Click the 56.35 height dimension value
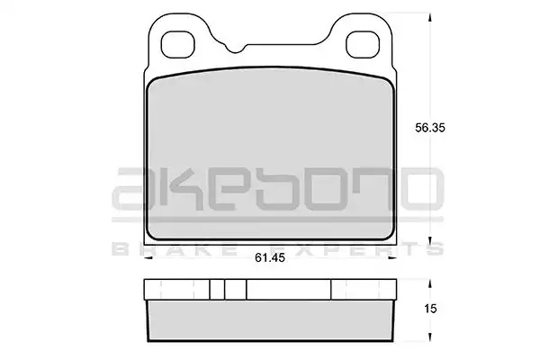[x=430, y=128]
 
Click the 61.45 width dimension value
[x=270, y=257]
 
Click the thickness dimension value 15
[x=430, y=309]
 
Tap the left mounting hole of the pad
[x=178, y=44]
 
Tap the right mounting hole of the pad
[x=363, y=44]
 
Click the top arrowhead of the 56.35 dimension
[x=430, y=17]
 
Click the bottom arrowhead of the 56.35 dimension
[x=430, y=240]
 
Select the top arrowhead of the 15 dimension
[x=430, y=283]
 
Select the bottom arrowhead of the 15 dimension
[x=430, y=337]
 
